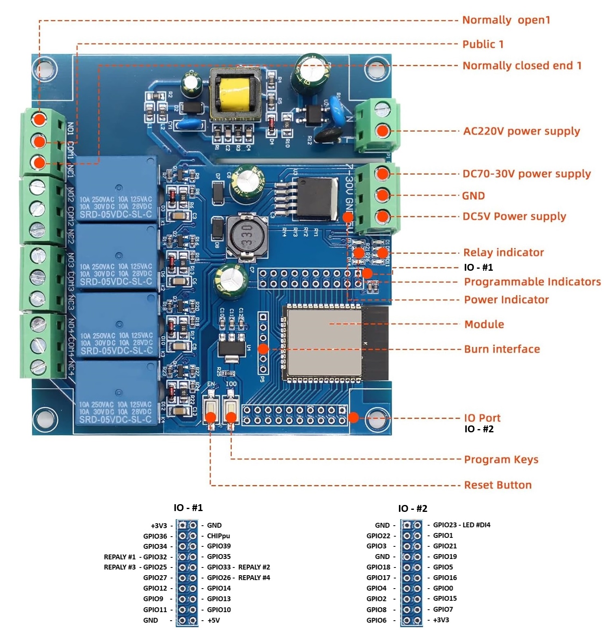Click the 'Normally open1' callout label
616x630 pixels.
[506, 20]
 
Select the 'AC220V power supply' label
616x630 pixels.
[521, 131]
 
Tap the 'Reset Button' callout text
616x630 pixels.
[498, 485]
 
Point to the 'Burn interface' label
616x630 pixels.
[502, 349]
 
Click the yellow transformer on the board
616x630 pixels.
[234, 95]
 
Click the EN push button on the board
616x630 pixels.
[211, 408]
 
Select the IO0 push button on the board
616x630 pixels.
[230, 408]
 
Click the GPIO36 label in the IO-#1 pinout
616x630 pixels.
[155, 536]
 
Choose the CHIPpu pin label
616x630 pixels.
[218, 536]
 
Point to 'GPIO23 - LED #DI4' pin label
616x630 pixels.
[461, 525]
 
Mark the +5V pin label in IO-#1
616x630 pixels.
[213, 620]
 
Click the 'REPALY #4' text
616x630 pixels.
[254, 578]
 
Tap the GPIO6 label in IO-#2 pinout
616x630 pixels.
[376, 620]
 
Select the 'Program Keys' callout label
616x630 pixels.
[501, 460]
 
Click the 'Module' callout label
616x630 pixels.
[484, 324]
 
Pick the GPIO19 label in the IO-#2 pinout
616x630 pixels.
[445, 557]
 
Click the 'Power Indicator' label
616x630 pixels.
[506, 300]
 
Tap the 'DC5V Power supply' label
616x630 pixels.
[514, 216]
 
